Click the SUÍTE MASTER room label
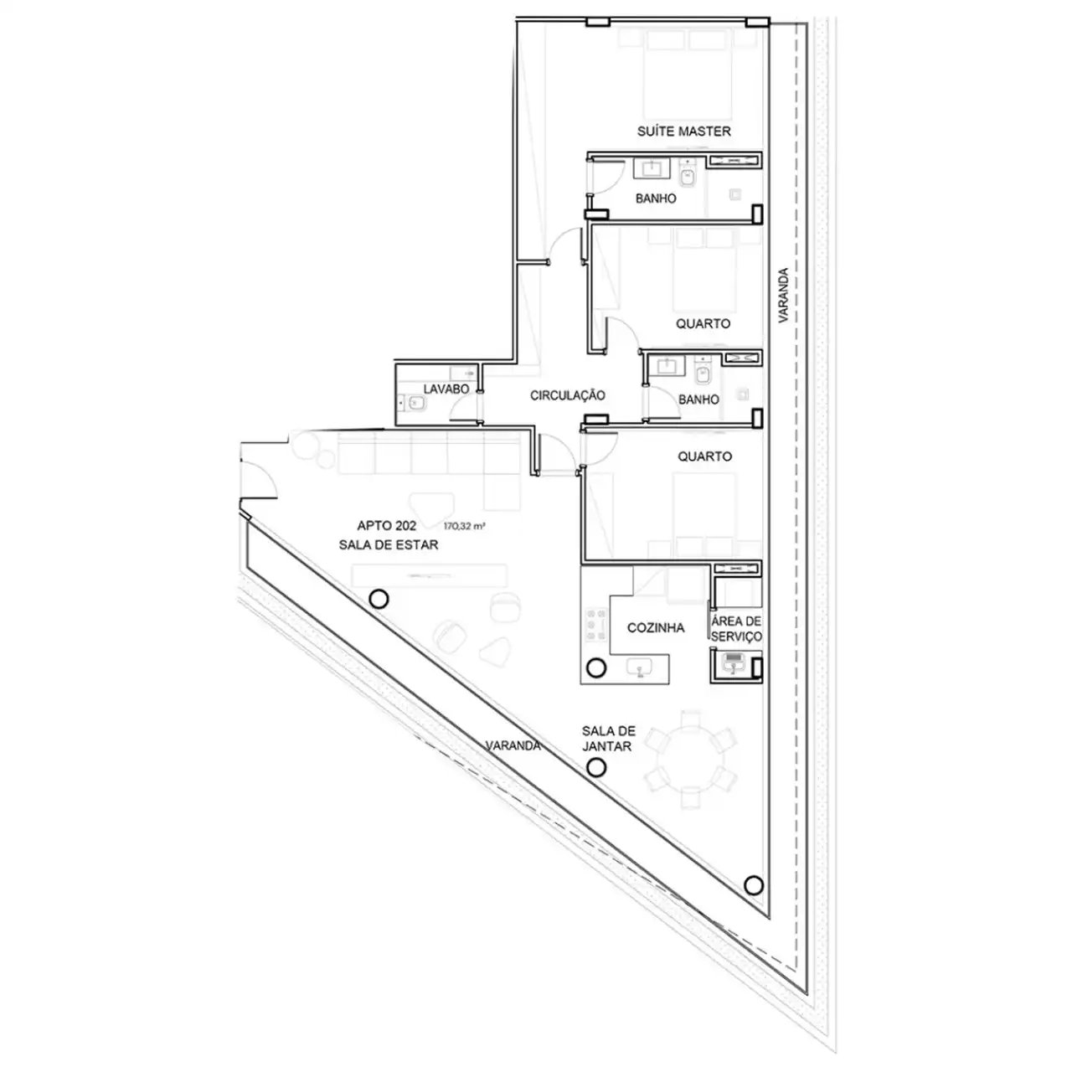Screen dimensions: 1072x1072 [683, 131]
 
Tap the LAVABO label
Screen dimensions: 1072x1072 [446, 389]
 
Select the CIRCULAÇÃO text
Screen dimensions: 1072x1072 [567, 395]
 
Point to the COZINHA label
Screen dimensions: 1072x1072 [656, 627]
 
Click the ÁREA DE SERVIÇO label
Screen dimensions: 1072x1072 [736, 629]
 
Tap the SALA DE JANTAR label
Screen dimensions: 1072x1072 [609, 738]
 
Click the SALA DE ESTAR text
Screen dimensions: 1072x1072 [389, 544]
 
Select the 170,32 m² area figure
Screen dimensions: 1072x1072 [464, 526]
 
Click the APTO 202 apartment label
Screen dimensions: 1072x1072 [387, 526]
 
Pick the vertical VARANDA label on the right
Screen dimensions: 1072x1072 [784, 296]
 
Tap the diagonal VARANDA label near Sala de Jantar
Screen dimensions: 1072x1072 [513, 745]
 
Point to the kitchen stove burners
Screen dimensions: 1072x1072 [596, 625]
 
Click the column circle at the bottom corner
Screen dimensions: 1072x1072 [753, 900]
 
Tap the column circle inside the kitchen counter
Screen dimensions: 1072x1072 [597, 667]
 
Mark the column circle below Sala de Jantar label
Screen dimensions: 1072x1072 [596, 768]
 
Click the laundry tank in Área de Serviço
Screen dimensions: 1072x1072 [734, 663]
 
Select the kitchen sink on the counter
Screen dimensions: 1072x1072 [641, 667]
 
